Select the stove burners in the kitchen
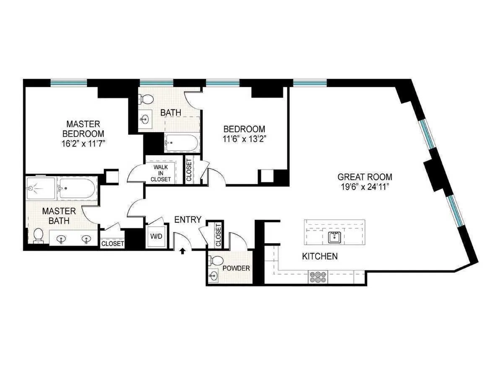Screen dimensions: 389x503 pyautogui.click(x=318, y=277)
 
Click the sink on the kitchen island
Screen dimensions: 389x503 pyautogui.click(x=334, y=237)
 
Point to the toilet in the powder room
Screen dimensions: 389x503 pyautogui.click(x=217, y=260)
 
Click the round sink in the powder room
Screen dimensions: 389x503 pyautogui.click(x=214, y=276)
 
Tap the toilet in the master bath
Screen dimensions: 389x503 pyautogui.click(x=38, y=235)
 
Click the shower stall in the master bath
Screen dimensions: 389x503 pyautogui.click(x=40, y=189)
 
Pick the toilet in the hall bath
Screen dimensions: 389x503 pyautogui.click(x=147, y=99)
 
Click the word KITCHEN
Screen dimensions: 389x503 pyautogui.click(x=320, y=256)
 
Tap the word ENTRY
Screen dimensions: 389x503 pyautogui.click(x=188, y=220)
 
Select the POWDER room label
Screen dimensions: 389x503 pyautogui.click(x=236, y=268)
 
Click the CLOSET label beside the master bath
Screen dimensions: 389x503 pyautogui.click(x=112, y=243)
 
